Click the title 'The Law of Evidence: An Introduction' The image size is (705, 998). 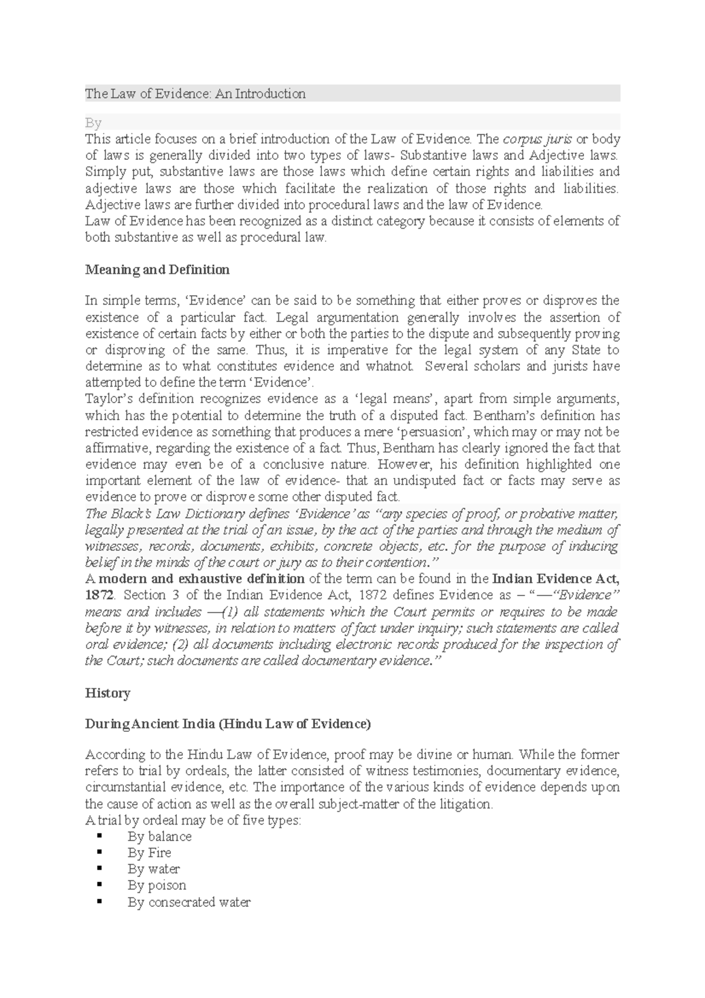point(195,93)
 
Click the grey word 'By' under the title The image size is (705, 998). point(93,123)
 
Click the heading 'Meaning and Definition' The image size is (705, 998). point(157,270)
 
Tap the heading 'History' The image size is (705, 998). point(108,693)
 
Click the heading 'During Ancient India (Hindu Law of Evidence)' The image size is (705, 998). point(228,724)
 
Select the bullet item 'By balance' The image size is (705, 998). point(160,836)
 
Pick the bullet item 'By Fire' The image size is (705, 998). point(149,853)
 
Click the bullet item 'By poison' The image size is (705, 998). point(157,885)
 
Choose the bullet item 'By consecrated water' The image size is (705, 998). point(189,902)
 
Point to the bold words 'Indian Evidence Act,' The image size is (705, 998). point(555,578)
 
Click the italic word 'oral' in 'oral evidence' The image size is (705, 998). point(97,644)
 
